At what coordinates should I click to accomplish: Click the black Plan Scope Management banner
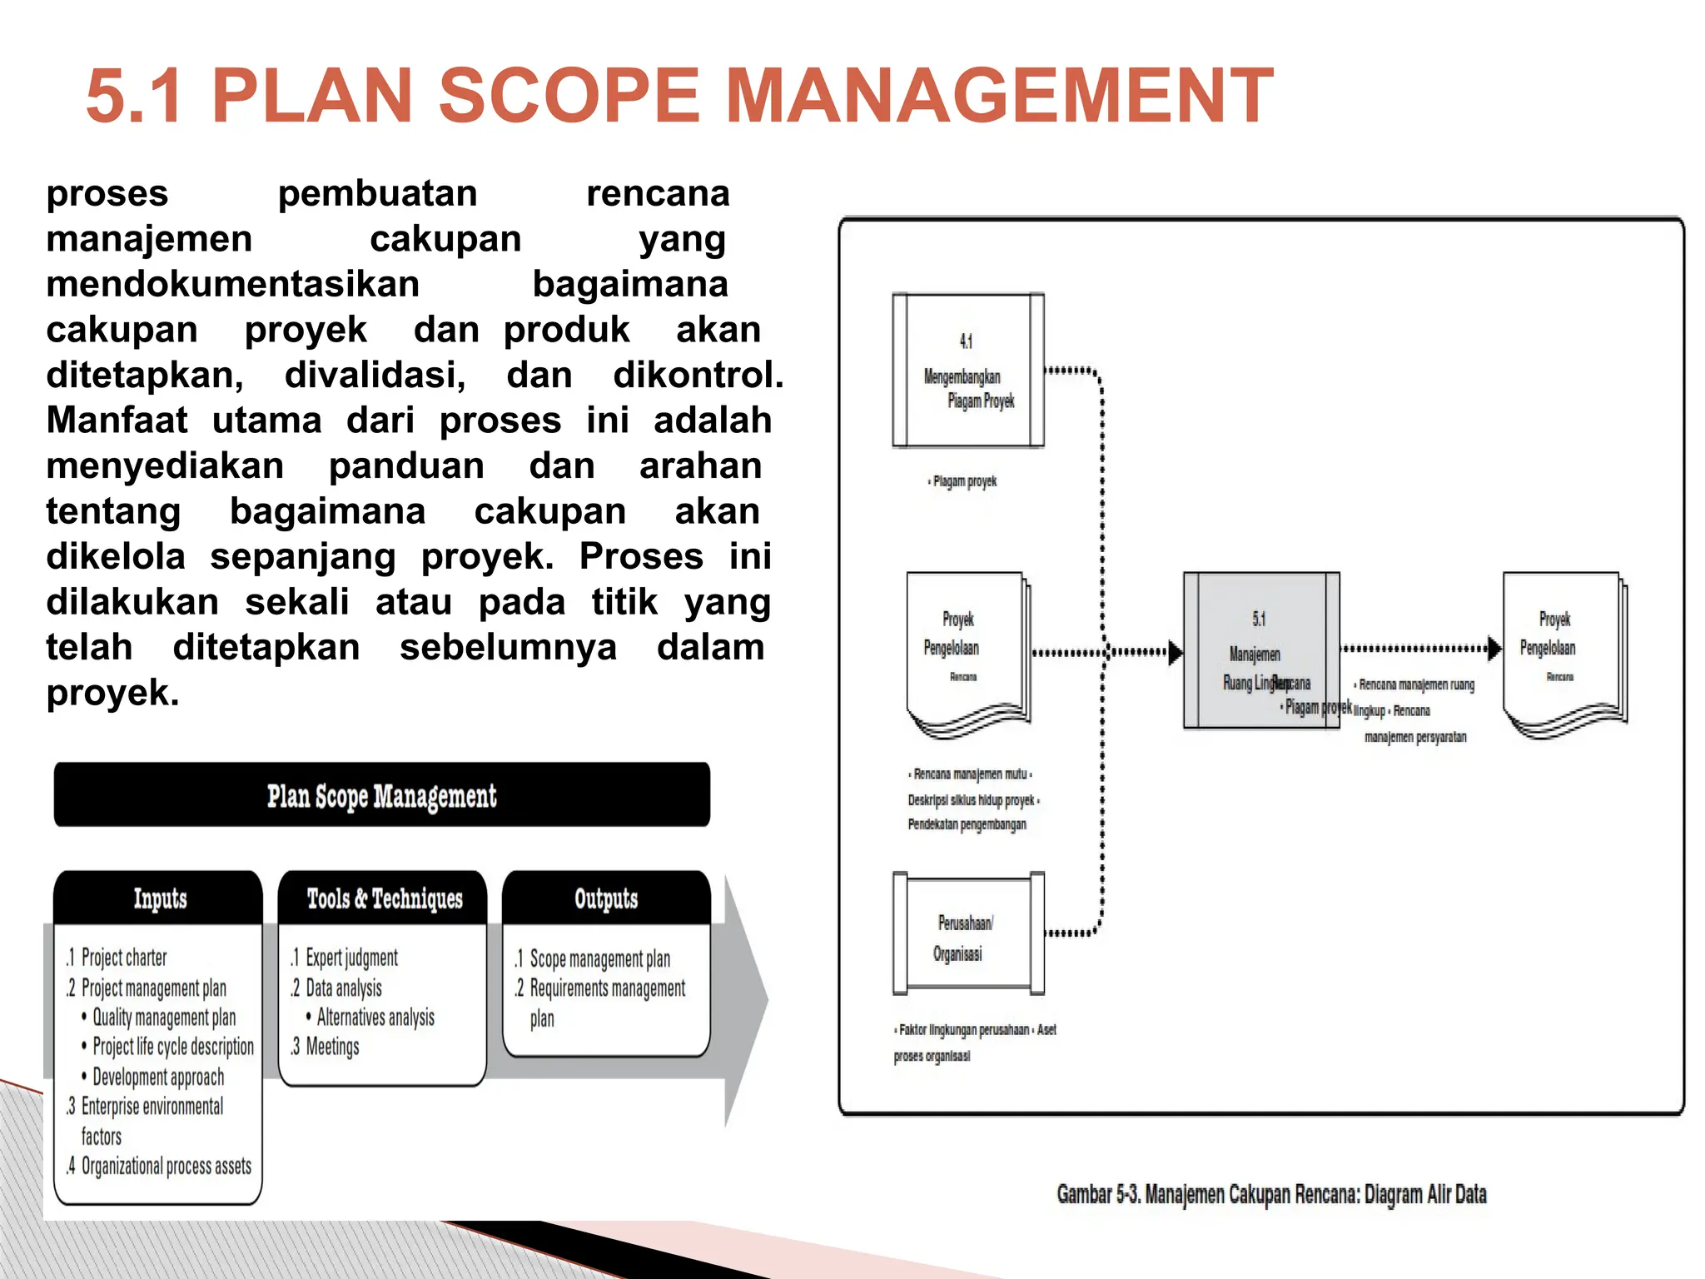click(382, 795)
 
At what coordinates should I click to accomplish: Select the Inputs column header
click(159, 898)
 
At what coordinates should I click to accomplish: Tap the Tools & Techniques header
click(384, 898)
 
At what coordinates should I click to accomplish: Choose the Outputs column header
click(606, 898)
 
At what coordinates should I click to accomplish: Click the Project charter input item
click(123, 958)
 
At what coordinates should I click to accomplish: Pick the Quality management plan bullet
click(163, 1018)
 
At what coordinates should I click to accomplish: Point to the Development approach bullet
click(157, 1077)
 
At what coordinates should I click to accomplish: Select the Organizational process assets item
click(166, 1166)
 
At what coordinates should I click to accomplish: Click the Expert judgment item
click(350, 958)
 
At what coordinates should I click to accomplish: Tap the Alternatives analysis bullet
click(375, 1018)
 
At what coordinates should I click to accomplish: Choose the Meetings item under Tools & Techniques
click(331, 1047)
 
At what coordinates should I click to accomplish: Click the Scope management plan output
click(599, 958)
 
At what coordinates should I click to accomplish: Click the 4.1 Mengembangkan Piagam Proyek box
click(968, 371)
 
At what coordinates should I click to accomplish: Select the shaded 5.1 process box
click(1260, 649)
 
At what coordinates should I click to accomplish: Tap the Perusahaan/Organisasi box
click(968, 934)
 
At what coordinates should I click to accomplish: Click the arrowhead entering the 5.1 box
click(1175, 652)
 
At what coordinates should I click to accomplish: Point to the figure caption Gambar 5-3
click(1270, 1194)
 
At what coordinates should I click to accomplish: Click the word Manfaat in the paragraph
click(117, 421)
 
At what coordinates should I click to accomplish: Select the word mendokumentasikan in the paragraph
click(232, 284)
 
